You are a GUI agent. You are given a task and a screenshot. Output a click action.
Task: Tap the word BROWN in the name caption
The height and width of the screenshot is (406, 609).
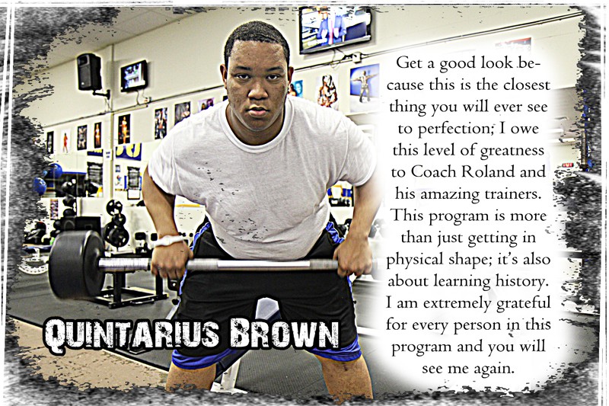click(x=284, y=334)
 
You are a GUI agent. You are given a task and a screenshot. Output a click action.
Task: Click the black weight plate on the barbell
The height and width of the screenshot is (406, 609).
click(x=75, y=264)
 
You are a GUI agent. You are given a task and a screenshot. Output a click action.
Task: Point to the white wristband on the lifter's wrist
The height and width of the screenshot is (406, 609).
click(x=168, y=241)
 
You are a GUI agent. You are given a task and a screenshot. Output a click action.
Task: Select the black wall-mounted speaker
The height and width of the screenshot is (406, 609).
click(x=89, y=72)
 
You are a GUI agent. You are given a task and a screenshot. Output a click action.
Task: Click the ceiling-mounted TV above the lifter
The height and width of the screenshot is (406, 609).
click(x=335, y=29)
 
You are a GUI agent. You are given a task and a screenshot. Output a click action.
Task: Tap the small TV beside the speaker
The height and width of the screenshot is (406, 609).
click(x=134, y=76)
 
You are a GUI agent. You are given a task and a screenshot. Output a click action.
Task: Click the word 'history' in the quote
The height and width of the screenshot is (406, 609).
click(x=522, y=281)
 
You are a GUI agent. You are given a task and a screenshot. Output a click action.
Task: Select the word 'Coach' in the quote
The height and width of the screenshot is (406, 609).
click(x=432, y=171)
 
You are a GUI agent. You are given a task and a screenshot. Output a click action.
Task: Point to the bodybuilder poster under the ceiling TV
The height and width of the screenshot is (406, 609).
click(x=365, y=88)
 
